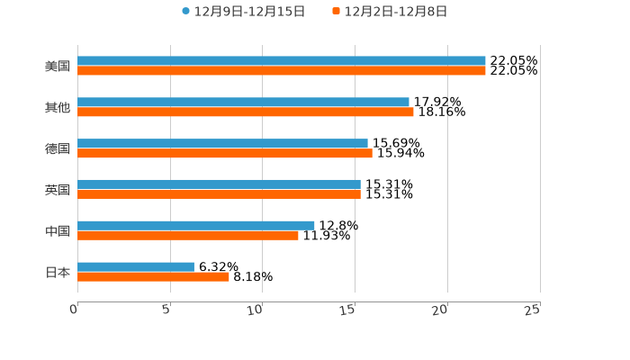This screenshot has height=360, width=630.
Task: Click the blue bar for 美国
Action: (x=282, y=61)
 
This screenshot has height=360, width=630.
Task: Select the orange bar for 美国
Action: (x=282, y=71)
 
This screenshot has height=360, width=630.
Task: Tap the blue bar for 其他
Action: (x=243, y=103)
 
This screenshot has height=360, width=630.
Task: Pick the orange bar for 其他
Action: (x=246, y=112)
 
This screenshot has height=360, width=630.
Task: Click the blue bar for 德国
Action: (x=222, y=143)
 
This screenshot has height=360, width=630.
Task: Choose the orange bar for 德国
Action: (x=225, y=154)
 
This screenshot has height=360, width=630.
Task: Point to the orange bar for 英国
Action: (x=219, y=194)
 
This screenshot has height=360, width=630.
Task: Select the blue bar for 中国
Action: (x=196, y=225)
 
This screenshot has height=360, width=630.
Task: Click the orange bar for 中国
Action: (x=188, y=236)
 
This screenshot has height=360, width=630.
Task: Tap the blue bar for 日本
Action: (x=136, y=266)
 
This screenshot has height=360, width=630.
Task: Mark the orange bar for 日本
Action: (x=153, y=277)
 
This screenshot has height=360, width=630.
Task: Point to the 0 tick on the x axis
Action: (x=75, y=310)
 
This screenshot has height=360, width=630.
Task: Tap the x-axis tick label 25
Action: (x=532, y=310)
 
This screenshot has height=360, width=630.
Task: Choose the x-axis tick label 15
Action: (x=347, y=310)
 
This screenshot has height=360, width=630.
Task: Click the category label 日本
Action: (x=58, y=272)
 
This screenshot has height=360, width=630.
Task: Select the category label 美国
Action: (x=58, y=66)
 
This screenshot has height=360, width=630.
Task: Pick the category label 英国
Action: (x=58, y=190)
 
